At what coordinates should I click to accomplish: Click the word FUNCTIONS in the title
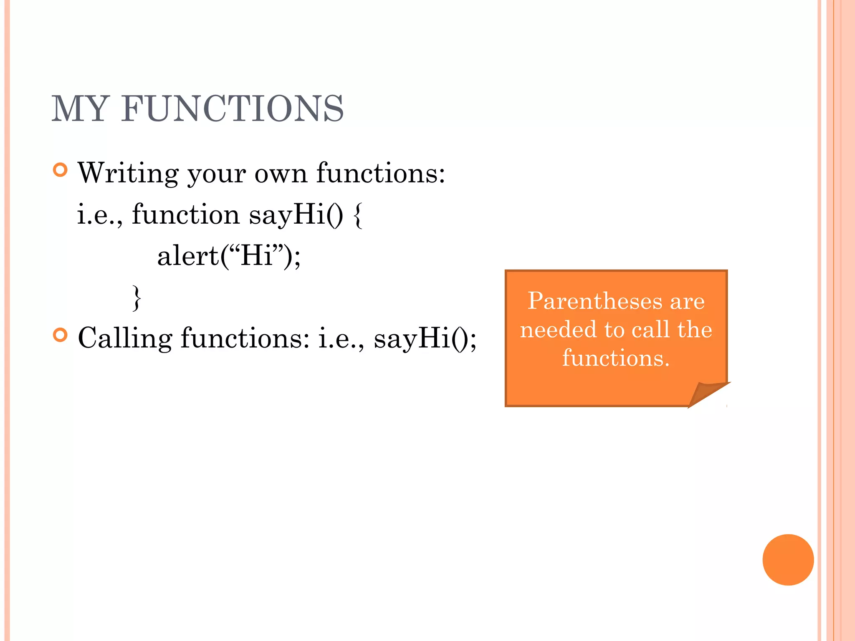pyautogui.click(x=233, y=109)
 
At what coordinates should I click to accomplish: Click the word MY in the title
pyautogui.click(x=80, y=109)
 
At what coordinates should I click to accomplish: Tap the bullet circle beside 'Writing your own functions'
pyautogui.click(x=61, y=170)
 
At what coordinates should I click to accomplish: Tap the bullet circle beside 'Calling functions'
pyautogui.click(x=61, y=335)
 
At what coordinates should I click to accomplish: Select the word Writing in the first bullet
pyautogui.click(x=128, y=173)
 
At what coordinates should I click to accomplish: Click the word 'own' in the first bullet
pyautogui.click(x=281, y=174)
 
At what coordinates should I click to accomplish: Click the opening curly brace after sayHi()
pyautogui.click(x=357, y=215)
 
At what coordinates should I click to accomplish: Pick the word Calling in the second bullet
pyautogui.click(x=125, y=338)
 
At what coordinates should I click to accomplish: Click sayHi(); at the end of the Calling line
pyautogui.click(x=425, y=338)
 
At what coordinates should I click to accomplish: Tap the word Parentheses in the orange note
pyautogui.click(x=595, y=301)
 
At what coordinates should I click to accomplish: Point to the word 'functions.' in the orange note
pyautogui.click(x=616, y=358)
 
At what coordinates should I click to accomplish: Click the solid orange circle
pyautogui.click(x=788, y=560)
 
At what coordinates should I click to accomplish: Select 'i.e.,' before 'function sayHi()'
pyautogui.click(x=100, y=215)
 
